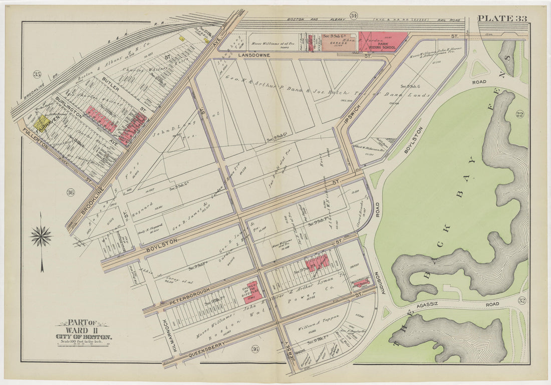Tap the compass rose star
(x=41, y=236)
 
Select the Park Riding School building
(x=382, y=43)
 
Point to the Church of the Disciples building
(x=251, y=290)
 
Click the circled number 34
(x=354, y=15)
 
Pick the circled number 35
(x=37, y=75)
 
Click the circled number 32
(x=522, y=301)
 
